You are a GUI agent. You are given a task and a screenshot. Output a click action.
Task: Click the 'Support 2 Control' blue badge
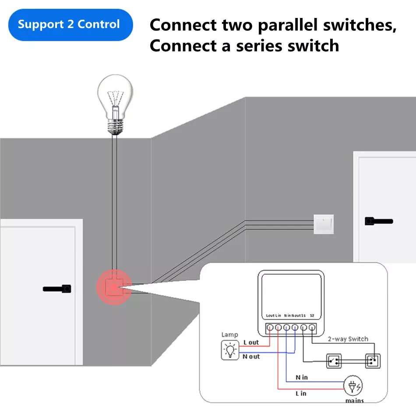coord(69,25)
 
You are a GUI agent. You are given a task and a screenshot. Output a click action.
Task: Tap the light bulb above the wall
coord(114,103)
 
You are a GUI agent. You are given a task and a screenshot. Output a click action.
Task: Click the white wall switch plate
coord(324,224)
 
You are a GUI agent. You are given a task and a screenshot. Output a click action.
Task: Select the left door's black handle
coord(57,289)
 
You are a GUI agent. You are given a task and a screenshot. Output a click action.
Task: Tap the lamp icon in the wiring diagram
coord(230,350)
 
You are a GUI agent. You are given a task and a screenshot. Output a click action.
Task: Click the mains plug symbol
coord(353,386)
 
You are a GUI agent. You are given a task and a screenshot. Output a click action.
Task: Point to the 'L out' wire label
coord(251,342)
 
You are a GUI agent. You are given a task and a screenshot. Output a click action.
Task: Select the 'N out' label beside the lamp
coord(251,357)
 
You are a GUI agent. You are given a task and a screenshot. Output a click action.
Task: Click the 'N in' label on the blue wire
coord(301,377)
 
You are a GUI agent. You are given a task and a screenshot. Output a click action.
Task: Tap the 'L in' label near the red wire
coord(301,393)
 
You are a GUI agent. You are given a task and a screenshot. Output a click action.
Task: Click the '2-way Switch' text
coord(348,339)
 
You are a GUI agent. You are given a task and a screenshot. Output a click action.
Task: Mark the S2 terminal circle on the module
coord(311,327)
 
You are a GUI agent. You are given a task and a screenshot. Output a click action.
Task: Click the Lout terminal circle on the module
coord(270,327)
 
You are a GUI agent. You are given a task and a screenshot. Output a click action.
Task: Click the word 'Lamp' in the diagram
coord(229,335)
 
